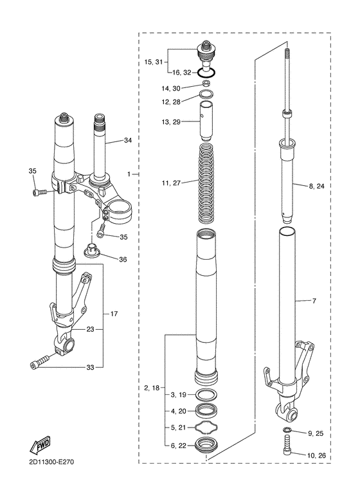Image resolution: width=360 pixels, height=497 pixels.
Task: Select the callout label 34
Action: coord(128,140)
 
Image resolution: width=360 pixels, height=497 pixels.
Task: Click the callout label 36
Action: coord(123,260)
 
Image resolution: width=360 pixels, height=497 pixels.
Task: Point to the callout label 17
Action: coord(114,314)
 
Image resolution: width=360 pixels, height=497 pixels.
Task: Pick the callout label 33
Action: coord(90,368)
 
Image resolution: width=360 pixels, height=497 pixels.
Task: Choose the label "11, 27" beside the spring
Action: coord(171,183)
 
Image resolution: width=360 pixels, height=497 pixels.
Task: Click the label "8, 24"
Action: coord(316,186)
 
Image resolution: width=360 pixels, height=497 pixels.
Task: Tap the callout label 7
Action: coord(314,301)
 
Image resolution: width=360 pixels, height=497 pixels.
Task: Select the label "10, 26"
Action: coord(316,456)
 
